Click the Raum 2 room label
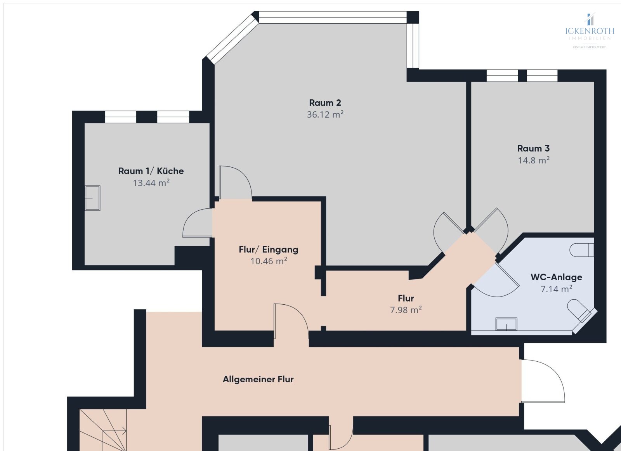coord(325,103)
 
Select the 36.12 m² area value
coord(325,114)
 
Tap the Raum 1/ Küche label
coord(151,171)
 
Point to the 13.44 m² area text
coord(151,183)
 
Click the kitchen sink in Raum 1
coord(93,198)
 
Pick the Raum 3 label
coord(533,148)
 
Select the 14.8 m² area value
coord(533,160)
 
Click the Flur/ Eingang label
coord(268,249)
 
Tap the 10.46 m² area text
coord(268,261)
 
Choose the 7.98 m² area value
coord(406,310)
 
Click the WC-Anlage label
coord(556,277)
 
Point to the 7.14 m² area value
coord(556,289)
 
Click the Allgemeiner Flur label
coord(258,379)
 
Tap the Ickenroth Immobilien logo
coord(590,29)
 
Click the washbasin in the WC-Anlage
coord(507,324)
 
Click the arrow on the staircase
coord(123,430)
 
